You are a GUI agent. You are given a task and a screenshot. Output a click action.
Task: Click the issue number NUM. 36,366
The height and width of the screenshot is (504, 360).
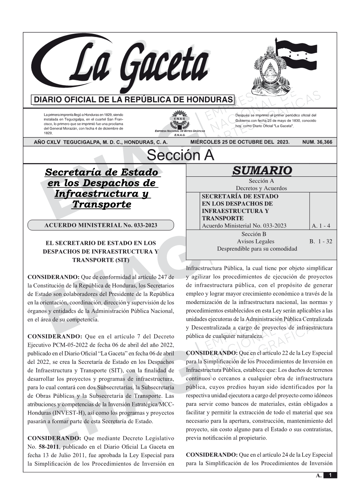(317, 142)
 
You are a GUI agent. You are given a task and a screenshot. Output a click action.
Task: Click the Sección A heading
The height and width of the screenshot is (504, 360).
(180, 155)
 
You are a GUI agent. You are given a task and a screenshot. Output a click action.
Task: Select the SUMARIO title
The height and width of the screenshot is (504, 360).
(262, 171)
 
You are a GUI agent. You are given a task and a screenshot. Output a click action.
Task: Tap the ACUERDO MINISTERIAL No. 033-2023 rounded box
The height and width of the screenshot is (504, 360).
(101, 225)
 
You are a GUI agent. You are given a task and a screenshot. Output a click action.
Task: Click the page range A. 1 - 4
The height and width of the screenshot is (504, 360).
(321, 226)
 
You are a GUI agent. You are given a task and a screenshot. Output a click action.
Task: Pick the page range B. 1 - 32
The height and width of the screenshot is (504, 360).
(321, 241)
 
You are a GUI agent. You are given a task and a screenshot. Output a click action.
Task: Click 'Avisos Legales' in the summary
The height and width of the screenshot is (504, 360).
(255, 241)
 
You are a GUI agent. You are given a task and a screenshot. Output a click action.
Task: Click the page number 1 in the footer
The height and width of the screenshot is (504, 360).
(330, 475)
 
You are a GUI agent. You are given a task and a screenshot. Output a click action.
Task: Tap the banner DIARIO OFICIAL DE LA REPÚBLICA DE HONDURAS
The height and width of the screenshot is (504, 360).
(133, 100)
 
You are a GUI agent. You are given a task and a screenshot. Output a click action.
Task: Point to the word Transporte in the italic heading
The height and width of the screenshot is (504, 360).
(101, 205)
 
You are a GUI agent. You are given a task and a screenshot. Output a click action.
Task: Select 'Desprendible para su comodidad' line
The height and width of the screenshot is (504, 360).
(257, 249)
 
